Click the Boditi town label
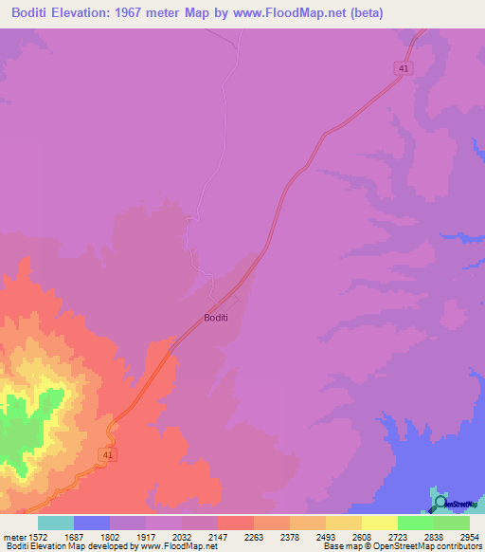click(216, 318)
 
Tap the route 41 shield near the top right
click(404, 68)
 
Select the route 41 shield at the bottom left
click(109, 456)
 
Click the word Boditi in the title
click(29, 12)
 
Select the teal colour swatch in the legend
click(55, 523)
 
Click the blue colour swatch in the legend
click(91, 523)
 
